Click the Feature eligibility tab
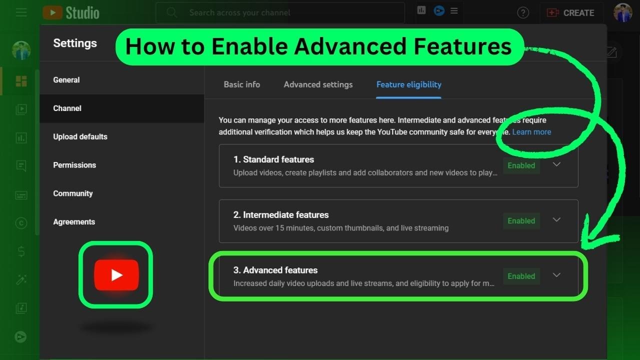pos(408,84)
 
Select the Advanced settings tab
pos(318,84)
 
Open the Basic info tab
pos(241,84)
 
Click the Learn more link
pos(531,132)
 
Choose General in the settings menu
pos(66,80)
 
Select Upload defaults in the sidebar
pos(80,136)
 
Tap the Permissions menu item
pos(74,165)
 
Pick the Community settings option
pos(73,193)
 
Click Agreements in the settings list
pos(74,222)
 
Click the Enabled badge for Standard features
pos(521,165)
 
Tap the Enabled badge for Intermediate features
pos(521,221)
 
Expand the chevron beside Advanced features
pos(556,275)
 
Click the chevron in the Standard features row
pos(556,164)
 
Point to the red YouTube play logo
pos(116,274)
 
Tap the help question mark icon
pos(523,13)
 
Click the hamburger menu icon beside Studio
pos(21,12)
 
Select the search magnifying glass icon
pos(172,12)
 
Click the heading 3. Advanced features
pos(275,270)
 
